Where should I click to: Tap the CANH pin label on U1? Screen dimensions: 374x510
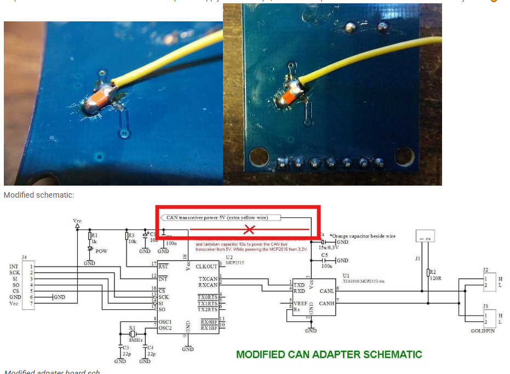(x=326, y=303)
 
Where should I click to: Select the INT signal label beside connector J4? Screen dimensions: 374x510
(x=14, y=267)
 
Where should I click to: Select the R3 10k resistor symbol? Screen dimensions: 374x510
(x=126, y=237)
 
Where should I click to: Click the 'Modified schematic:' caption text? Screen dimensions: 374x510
(x=39, y=194)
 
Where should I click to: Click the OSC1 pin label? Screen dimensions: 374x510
(x=166, y=321)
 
